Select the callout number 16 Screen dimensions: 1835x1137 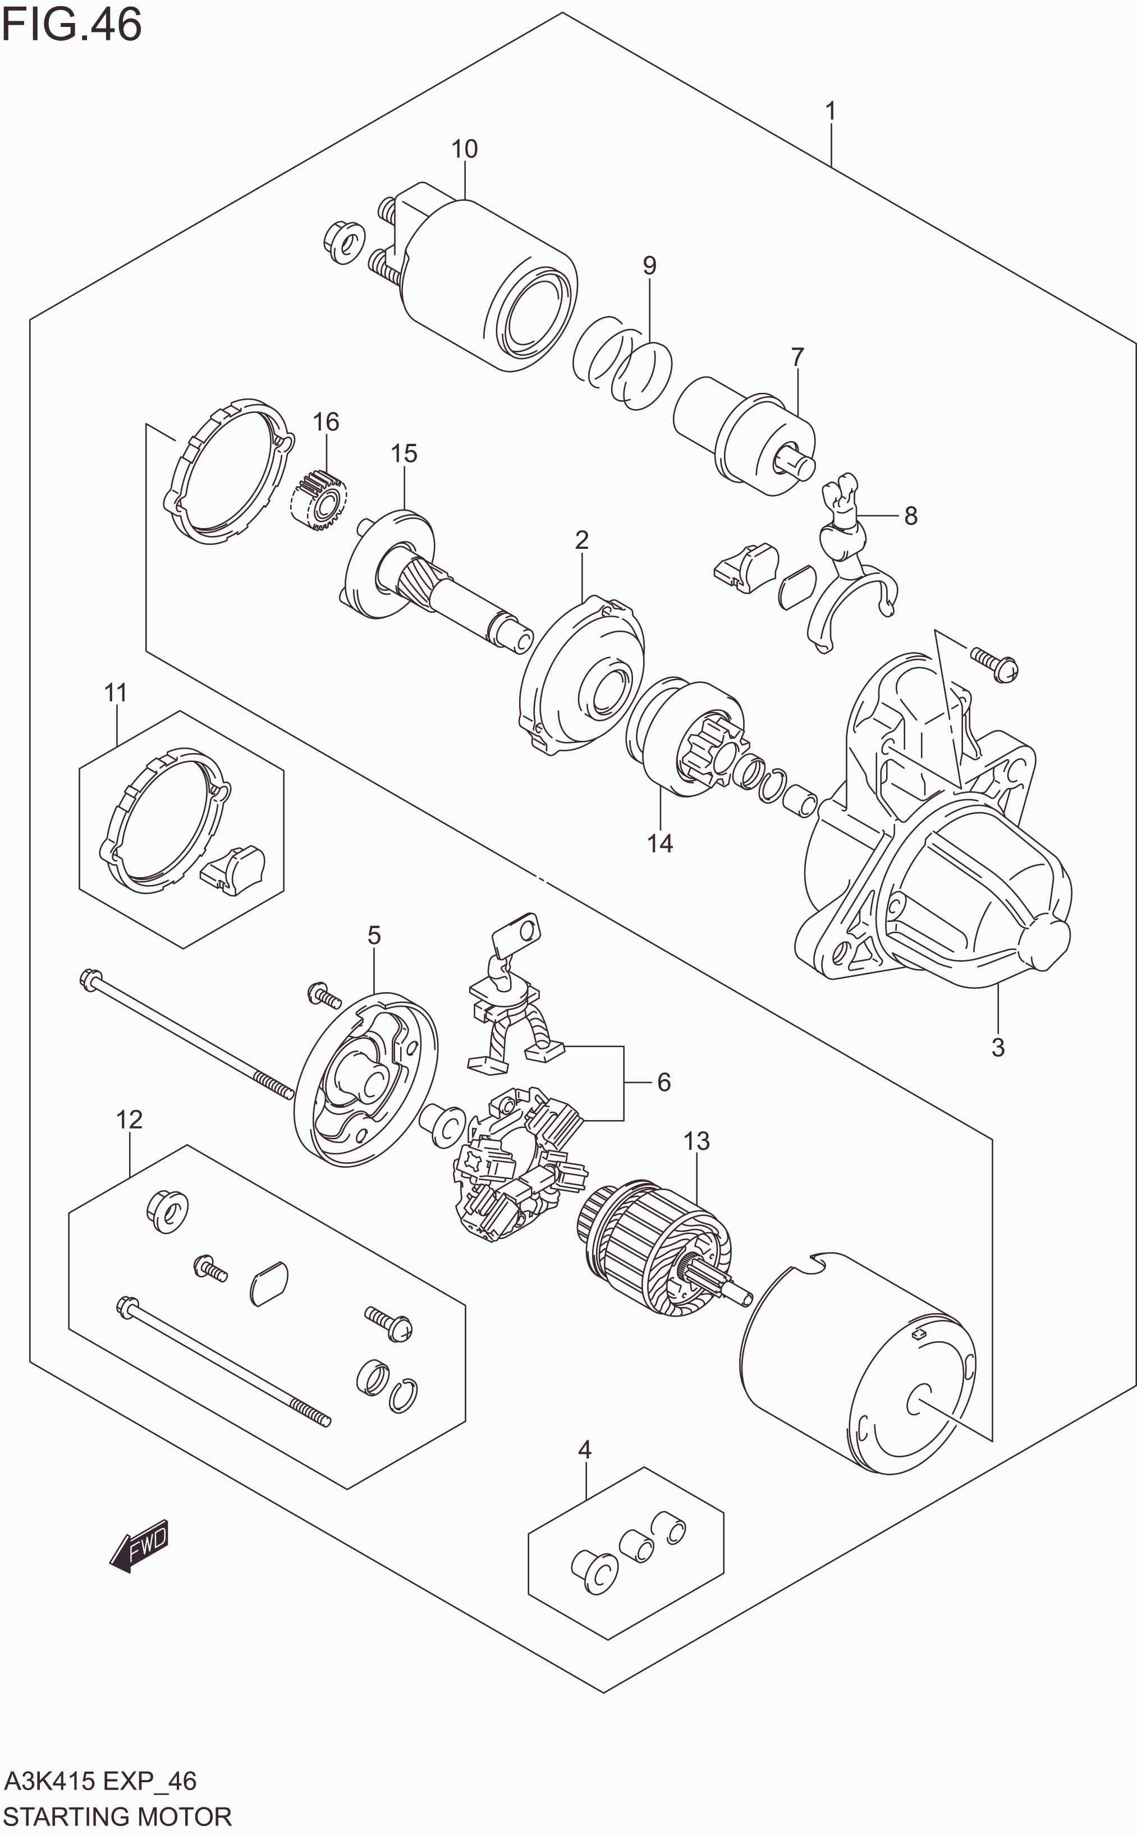[325, 422]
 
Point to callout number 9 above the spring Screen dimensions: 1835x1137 [649, 265]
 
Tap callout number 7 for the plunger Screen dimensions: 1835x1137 [797, 356]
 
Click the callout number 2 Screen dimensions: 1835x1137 [581, 540]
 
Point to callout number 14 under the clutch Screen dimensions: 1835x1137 [659, 843]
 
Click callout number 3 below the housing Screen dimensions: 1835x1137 [998, 1047]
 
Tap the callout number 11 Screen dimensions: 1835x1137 [115, 692]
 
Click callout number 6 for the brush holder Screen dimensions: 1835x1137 [663, 1082]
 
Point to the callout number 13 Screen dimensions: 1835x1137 [696, 1141]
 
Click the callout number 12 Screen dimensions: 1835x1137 [129, 1120]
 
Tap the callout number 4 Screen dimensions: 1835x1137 [584, 1449]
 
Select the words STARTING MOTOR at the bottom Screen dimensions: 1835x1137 [117, 1816]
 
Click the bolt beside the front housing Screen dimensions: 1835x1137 [994, 663]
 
